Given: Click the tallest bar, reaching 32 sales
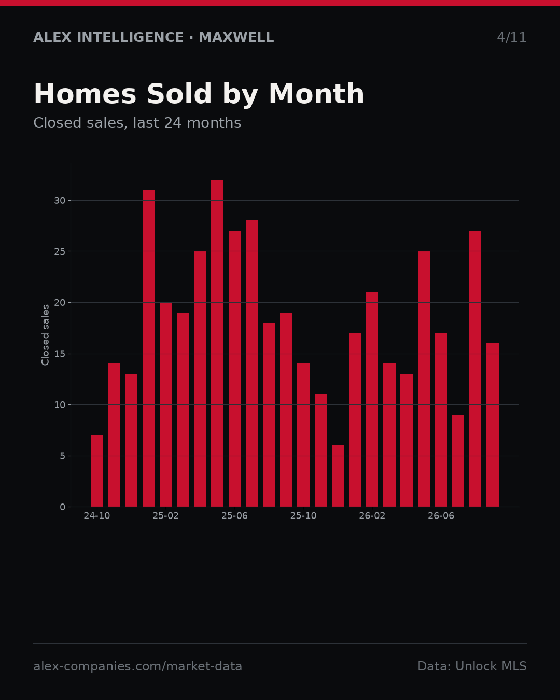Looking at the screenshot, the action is pyautogui.click(x=217, y=343).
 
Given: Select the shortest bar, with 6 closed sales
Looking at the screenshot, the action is pyautogui.click(x=338, y=476).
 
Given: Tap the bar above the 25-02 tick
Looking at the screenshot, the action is pyautogui.click(x=165, y=404).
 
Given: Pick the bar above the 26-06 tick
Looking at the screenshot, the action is pyautogui.click(x=441, y=419).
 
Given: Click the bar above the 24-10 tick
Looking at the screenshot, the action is pyautogui.click(x=96, y=471).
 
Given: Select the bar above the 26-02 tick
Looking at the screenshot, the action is pyautogui.click(x=372, y=399).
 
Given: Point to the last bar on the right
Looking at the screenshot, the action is pyautogui.click(x=493, y=425).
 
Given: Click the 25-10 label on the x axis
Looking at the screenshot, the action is pyautogui.click(x=303, y=516).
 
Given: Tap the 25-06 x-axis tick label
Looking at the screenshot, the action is pyautogui.click(x=234, y=516).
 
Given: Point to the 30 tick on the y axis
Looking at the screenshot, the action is pyautogui.click(x=60, y=200).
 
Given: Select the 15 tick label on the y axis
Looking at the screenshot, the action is pyautogui.click(x=60, y=354).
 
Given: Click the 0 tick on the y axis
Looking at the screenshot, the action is pyautogui.click(x=62, y=507).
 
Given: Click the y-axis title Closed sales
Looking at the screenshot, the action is pyautogui.click(x=45, y=335).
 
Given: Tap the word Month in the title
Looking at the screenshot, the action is pyautogui.click(x=316, y=94).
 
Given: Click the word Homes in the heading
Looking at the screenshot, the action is pyautogui.click(x=85, y=94).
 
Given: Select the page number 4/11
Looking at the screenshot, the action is pyautogui.click(x=511, y=37).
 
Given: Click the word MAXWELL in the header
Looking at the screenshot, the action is pyautogui.click(x=236, y=37).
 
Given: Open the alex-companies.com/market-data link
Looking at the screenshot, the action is pyautogui.click(x=137, y=666).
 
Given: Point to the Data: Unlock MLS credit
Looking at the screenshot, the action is pyautogui.click(x=472, y=666).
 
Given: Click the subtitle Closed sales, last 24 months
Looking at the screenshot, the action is pyautogui.click(x=137, y=123).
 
